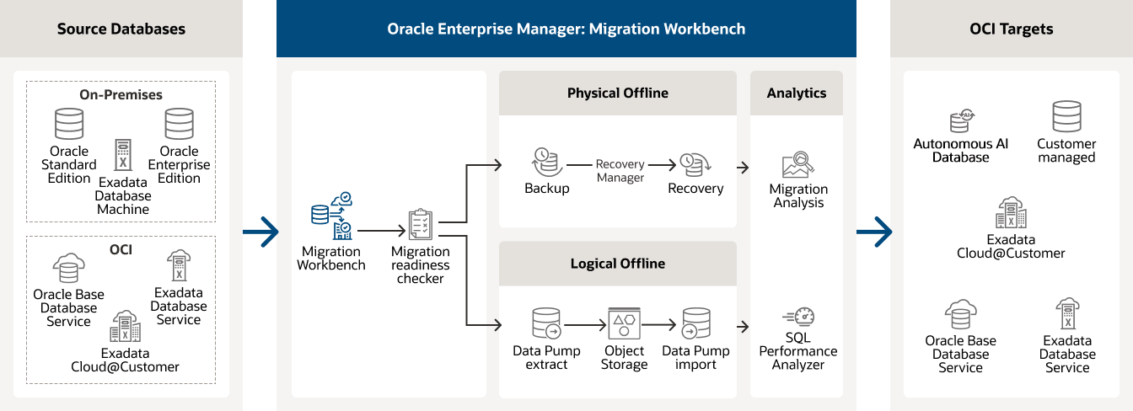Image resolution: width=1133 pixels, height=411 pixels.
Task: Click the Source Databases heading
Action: coord(121,29)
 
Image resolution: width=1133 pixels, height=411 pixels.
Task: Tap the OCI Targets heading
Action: coord(1011,29)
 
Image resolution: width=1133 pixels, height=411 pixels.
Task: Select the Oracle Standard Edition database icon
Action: coord(69,123)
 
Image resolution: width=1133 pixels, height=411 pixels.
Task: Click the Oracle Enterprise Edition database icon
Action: coord(179,123)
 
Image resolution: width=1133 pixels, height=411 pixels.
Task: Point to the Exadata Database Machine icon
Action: coord(123,156)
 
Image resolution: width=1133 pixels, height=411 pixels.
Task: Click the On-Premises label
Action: coord(121,94)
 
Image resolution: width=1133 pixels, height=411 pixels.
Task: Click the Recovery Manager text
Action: coord(620,171)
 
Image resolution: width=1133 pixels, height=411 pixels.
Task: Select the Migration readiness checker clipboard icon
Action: coord(420,225)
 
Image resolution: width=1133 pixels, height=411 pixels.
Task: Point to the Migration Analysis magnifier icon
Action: coord(797,164)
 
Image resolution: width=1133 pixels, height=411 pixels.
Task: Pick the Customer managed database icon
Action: coord(1066,118)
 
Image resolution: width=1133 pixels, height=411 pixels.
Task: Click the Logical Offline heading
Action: coord(617,264)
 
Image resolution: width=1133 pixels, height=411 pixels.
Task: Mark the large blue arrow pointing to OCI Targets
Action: coord(874,230)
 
